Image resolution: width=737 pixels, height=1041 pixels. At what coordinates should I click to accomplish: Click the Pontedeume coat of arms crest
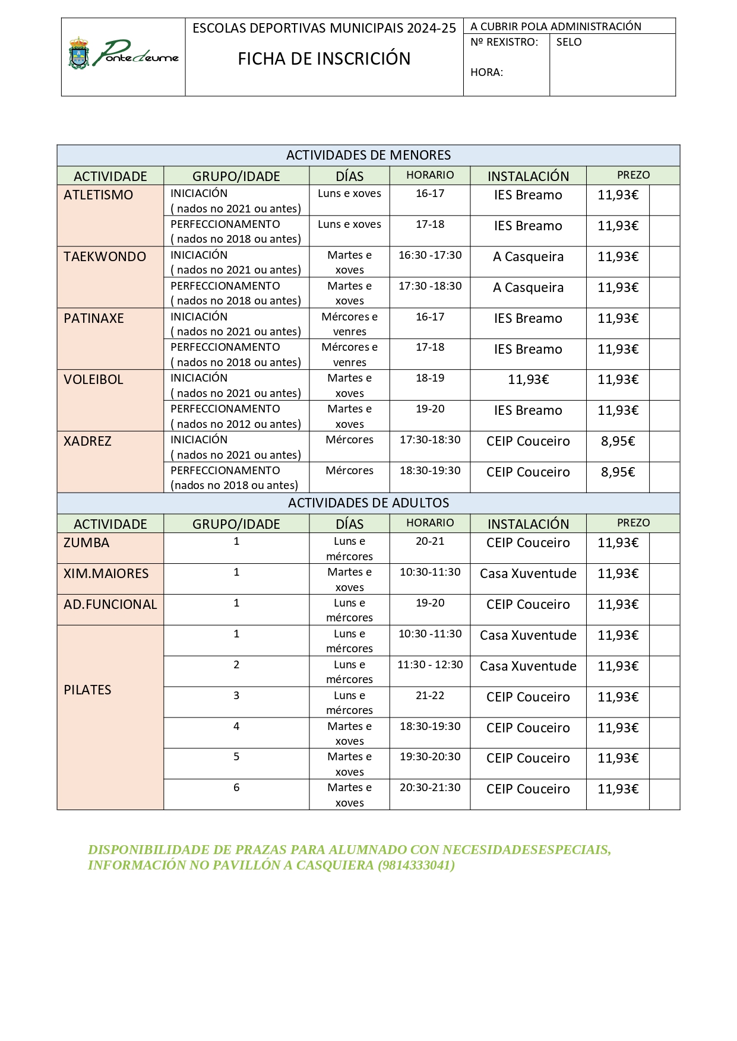click(79, 53)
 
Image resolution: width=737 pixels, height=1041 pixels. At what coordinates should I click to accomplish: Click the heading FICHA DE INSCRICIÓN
click(324, 59)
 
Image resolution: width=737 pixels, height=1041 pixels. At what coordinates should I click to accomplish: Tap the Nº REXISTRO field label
click(504, 42)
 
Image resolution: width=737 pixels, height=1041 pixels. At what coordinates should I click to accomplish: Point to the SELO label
click(568, 42)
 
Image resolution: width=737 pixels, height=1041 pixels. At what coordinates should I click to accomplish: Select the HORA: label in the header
click(486, 72)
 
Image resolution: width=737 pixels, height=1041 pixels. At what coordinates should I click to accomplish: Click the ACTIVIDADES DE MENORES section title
click(368, 155)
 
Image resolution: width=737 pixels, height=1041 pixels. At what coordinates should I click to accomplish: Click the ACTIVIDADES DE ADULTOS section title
click(368, 503)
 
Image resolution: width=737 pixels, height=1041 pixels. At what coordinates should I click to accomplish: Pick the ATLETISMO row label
click(99, 195)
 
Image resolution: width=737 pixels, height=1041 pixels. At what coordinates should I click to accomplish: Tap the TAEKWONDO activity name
click(105, 257)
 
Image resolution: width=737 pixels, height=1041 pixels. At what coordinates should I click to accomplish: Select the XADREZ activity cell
click(87, 442)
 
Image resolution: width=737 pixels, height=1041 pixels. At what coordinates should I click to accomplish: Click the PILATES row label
click(87, 690)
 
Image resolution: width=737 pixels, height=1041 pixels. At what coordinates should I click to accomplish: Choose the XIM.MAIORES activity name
click(106, 574)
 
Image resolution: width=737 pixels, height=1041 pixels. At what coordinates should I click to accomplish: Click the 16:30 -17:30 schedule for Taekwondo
click(430, 255)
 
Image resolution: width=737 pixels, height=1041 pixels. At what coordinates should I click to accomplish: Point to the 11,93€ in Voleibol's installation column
click(528, 380)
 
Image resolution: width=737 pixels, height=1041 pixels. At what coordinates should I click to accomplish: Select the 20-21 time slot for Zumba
click(430, 541)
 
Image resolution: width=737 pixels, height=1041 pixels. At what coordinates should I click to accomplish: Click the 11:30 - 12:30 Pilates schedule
click(430, 665)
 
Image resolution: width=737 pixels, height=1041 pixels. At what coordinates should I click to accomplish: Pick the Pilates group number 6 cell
click(236, 788)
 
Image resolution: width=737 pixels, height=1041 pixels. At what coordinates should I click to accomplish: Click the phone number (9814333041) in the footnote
click(416, 865)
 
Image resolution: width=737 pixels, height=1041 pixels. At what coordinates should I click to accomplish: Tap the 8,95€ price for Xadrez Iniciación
click(618, 442)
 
